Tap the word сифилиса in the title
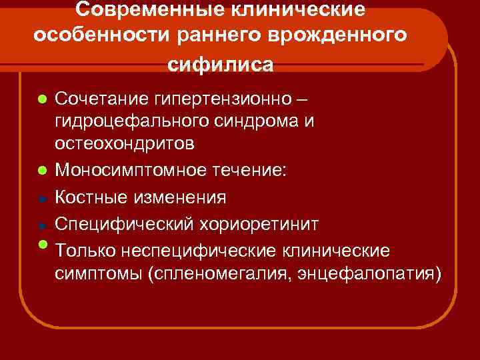[220, 64]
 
